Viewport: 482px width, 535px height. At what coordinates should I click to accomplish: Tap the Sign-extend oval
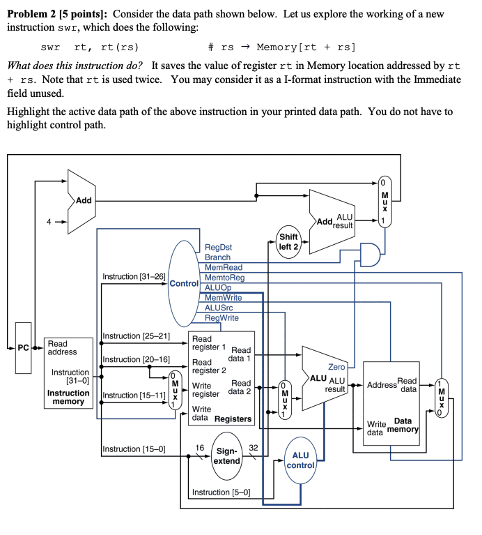click(226, 456)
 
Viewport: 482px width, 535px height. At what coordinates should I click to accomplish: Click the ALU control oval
click(300, 460)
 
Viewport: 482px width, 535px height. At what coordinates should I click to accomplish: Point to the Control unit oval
click(185, 283)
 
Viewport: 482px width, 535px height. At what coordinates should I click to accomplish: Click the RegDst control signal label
click(219, 247)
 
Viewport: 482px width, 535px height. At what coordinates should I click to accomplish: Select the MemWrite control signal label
click(223, 298)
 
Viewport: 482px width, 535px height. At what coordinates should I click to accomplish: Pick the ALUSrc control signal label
click(219, 308)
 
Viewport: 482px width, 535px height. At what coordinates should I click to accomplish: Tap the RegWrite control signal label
click(221, 318)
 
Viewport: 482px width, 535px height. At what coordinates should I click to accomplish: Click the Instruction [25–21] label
click(137, 336)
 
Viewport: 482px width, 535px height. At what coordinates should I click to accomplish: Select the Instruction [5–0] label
click(220, 492)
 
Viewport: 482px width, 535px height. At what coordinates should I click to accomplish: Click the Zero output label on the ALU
click(336, 367)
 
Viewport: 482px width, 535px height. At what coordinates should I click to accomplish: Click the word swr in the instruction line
click(50, 47)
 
